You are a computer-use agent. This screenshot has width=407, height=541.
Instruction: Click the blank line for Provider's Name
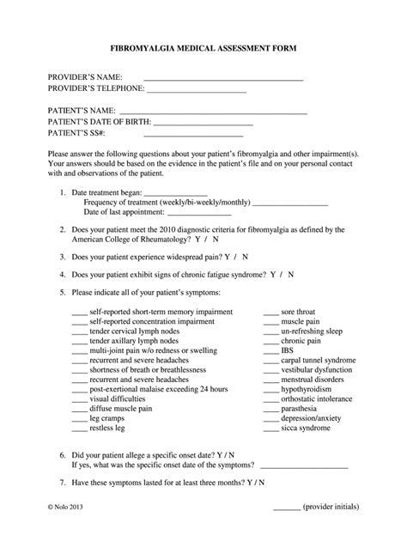tap(223, 79)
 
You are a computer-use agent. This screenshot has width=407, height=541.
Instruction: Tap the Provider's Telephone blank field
tap(197, 90)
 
